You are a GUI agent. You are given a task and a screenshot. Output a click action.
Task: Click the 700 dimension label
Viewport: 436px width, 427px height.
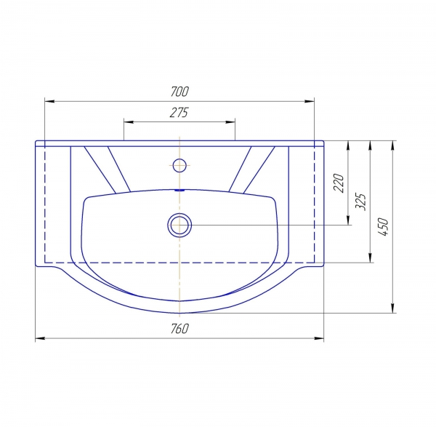(180, 92)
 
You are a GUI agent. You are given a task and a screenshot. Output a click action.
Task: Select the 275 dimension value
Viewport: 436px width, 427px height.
(179, 113)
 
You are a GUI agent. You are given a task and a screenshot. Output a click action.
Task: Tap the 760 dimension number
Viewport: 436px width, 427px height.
(179, 329)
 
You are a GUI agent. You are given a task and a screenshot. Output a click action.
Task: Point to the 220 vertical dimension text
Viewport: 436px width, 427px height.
(339, 183)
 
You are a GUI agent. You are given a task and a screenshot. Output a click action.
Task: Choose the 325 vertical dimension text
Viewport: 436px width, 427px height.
(360, 201)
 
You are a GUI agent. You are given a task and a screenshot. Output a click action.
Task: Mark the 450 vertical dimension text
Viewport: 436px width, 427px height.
(383, 227)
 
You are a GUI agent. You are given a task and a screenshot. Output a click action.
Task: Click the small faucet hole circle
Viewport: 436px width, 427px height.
(179, 165)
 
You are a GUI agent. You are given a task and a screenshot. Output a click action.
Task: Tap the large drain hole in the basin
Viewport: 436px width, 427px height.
(179, 225)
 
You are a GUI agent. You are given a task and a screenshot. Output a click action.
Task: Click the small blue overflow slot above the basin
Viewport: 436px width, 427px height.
(179, 191)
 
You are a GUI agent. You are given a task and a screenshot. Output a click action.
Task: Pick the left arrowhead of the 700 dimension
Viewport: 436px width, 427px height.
(49, 102)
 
